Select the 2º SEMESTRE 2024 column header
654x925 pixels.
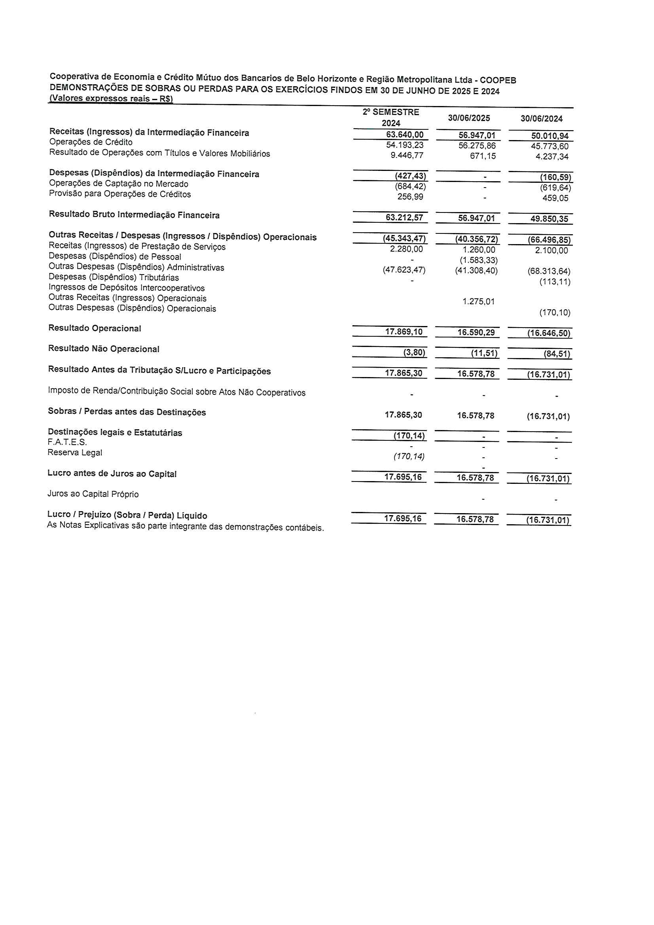[391, 117]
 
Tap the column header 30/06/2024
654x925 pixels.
[541, 118]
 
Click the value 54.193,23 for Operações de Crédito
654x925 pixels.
[405, 145]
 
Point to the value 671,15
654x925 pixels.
[483, 156]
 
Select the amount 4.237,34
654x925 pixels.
[552, 157]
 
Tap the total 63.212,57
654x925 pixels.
[404, 218]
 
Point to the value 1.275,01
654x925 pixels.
[478, 301]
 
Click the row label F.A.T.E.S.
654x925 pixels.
[67, 442]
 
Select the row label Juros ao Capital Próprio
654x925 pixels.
[93, 494]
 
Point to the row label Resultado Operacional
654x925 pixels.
[95, 328]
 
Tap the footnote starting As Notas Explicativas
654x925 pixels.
[186, 526]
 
